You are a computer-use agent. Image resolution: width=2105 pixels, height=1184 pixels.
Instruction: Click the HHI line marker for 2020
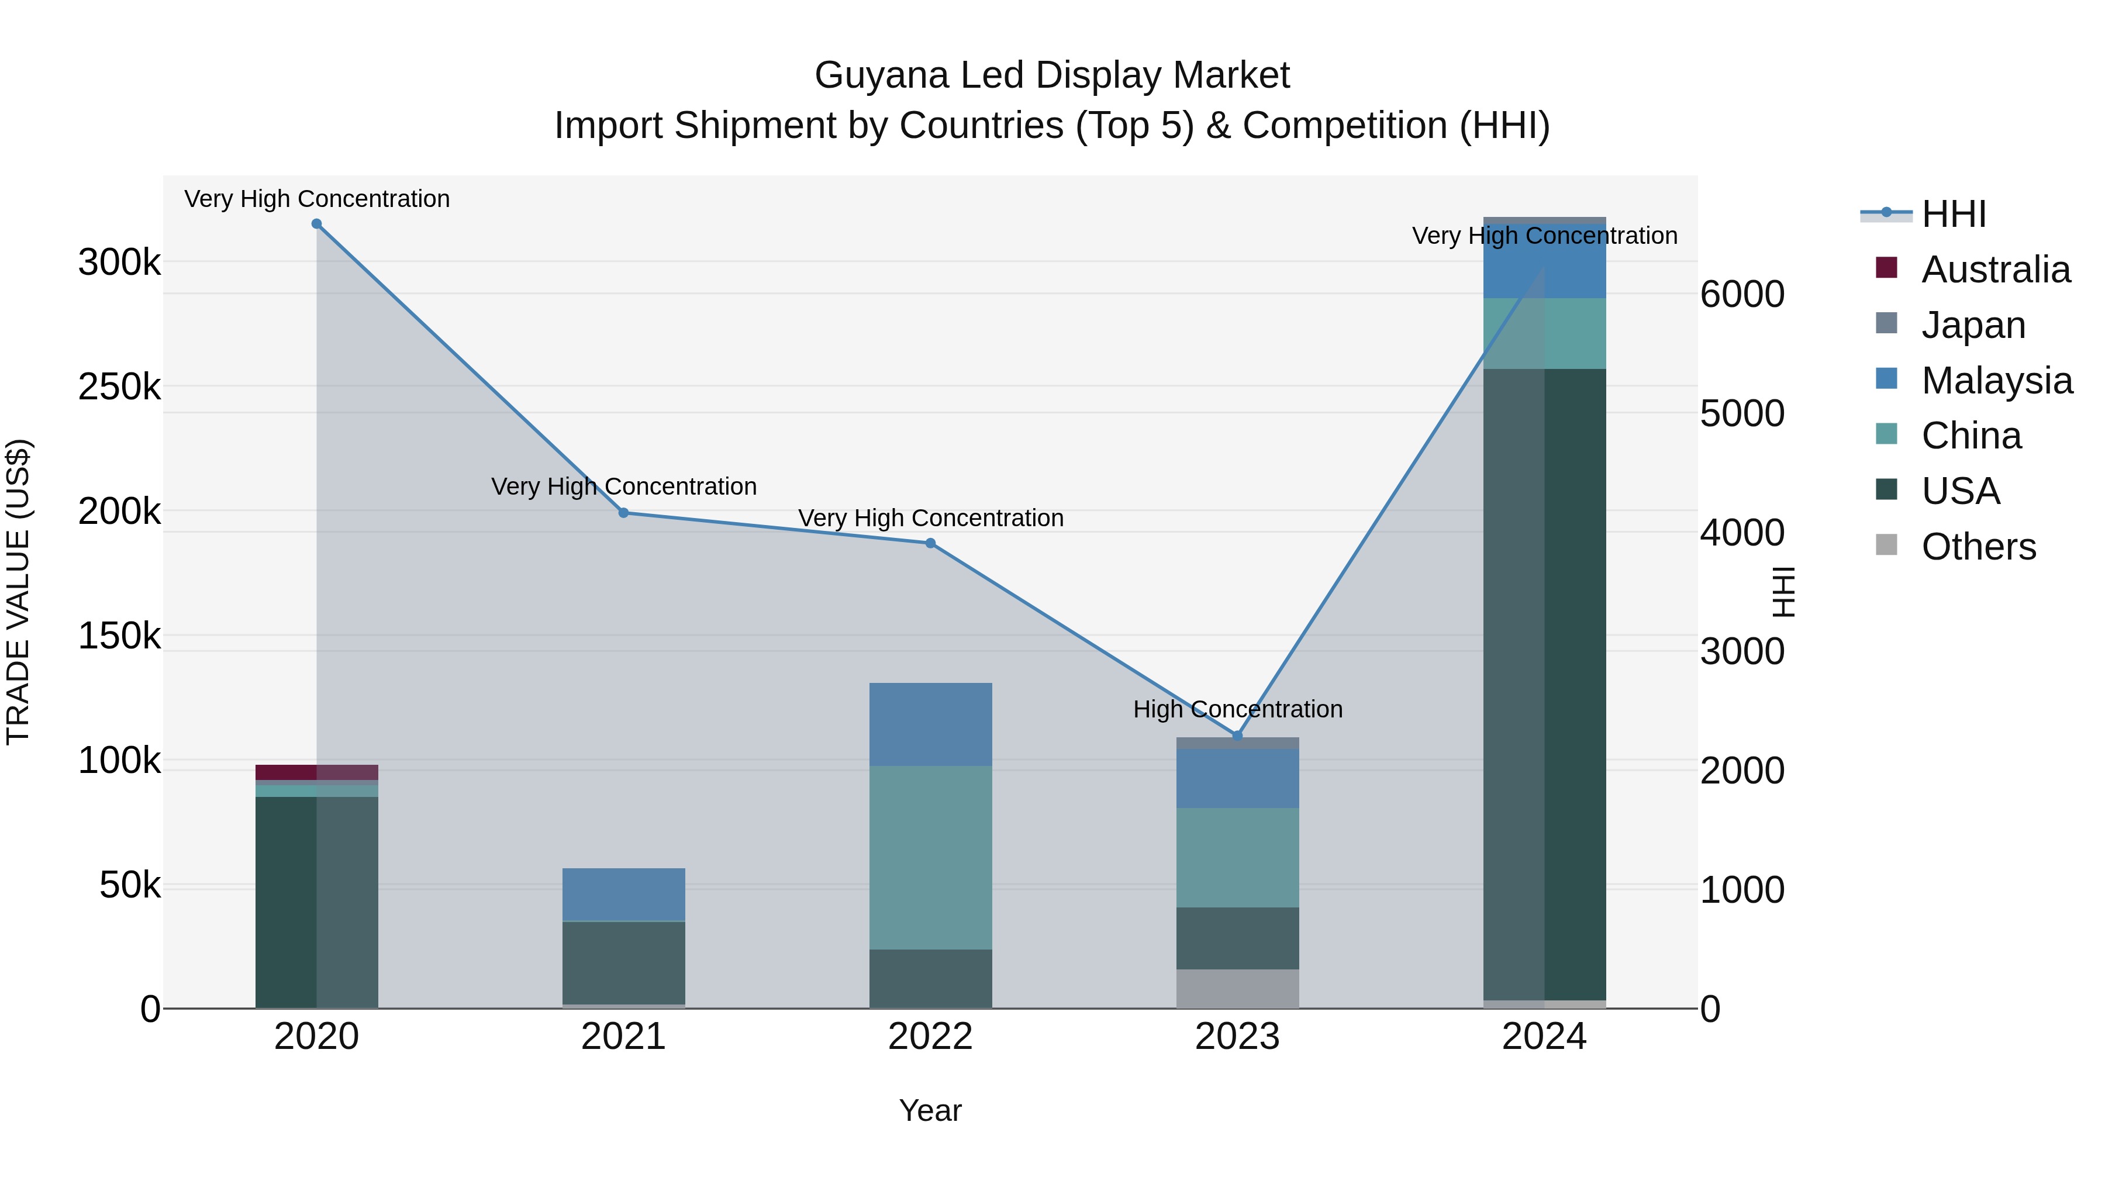click(316, 224)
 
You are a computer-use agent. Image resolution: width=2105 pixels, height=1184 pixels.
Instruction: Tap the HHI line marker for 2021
click(623, 513)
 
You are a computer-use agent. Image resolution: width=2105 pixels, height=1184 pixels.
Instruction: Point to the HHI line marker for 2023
click(1237, 736)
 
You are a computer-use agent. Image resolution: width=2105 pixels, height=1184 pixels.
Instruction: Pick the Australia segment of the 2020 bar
click(316, 772)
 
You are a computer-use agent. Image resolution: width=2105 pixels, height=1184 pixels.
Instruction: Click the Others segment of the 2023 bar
click(1237, 989)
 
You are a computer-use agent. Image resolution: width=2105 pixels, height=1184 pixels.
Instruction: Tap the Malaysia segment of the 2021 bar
click(623, 894)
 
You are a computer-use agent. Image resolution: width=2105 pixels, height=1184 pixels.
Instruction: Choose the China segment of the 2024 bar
click(1544, 333)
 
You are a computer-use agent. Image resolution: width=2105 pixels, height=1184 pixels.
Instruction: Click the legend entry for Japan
click(1973, 325)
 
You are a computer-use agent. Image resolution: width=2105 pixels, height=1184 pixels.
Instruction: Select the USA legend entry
click(1961, 491)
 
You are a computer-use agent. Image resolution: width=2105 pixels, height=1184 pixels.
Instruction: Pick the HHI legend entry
click(1953, 214)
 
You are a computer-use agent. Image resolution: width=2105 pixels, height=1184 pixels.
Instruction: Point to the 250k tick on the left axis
click(119, 386)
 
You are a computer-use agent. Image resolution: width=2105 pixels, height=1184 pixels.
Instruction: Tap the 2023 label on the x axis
click(1237, 1037)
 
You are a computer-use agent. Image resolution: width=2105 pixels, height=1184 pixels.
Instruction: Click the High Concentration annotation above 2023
click(1237, 709)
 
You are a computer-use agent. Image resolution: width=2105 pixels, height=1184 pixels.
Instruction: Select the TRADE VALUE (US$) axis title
click(18, 592)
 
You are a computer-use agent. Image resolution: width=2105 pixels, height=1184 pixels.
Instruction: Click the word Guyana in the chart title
click(882, 75)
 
